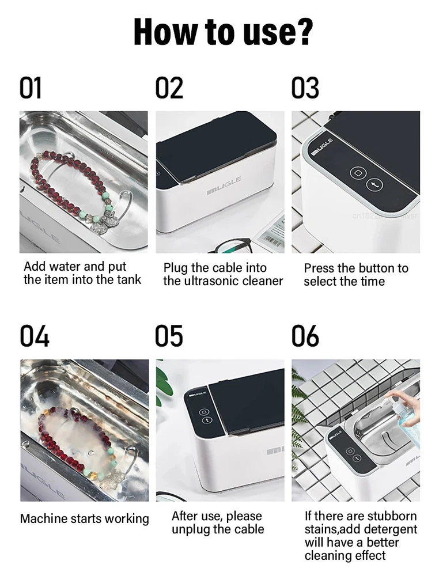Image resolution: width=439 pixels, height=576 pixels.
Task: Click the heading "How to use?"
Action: pyautogui.click(x=223, y=32)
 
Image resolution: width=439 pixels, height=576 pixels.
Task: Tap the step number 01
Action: pyautogui.click(x=31, y=88)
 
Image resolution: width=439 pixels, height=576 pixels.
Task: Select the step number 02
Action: pyautogui.click(x=169, y=88)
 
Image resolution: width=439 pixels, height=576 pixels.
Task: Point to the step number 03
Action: pyautogui.click(x=305, y=88)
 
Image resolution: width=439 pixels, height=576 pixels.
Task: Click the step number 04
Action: pyautogui.click(x=34, y=336)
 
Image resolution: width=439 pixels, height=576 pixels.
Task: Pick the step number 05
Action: pyautogui.click(x=169, y=336)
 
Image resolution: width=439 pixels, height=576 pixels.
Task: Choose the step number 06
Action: pyautogui.click(x=305, y=336)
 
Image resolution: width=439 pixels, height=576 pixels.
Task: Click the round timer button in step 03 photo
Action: pyautogui.click(x=374, y=185)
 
